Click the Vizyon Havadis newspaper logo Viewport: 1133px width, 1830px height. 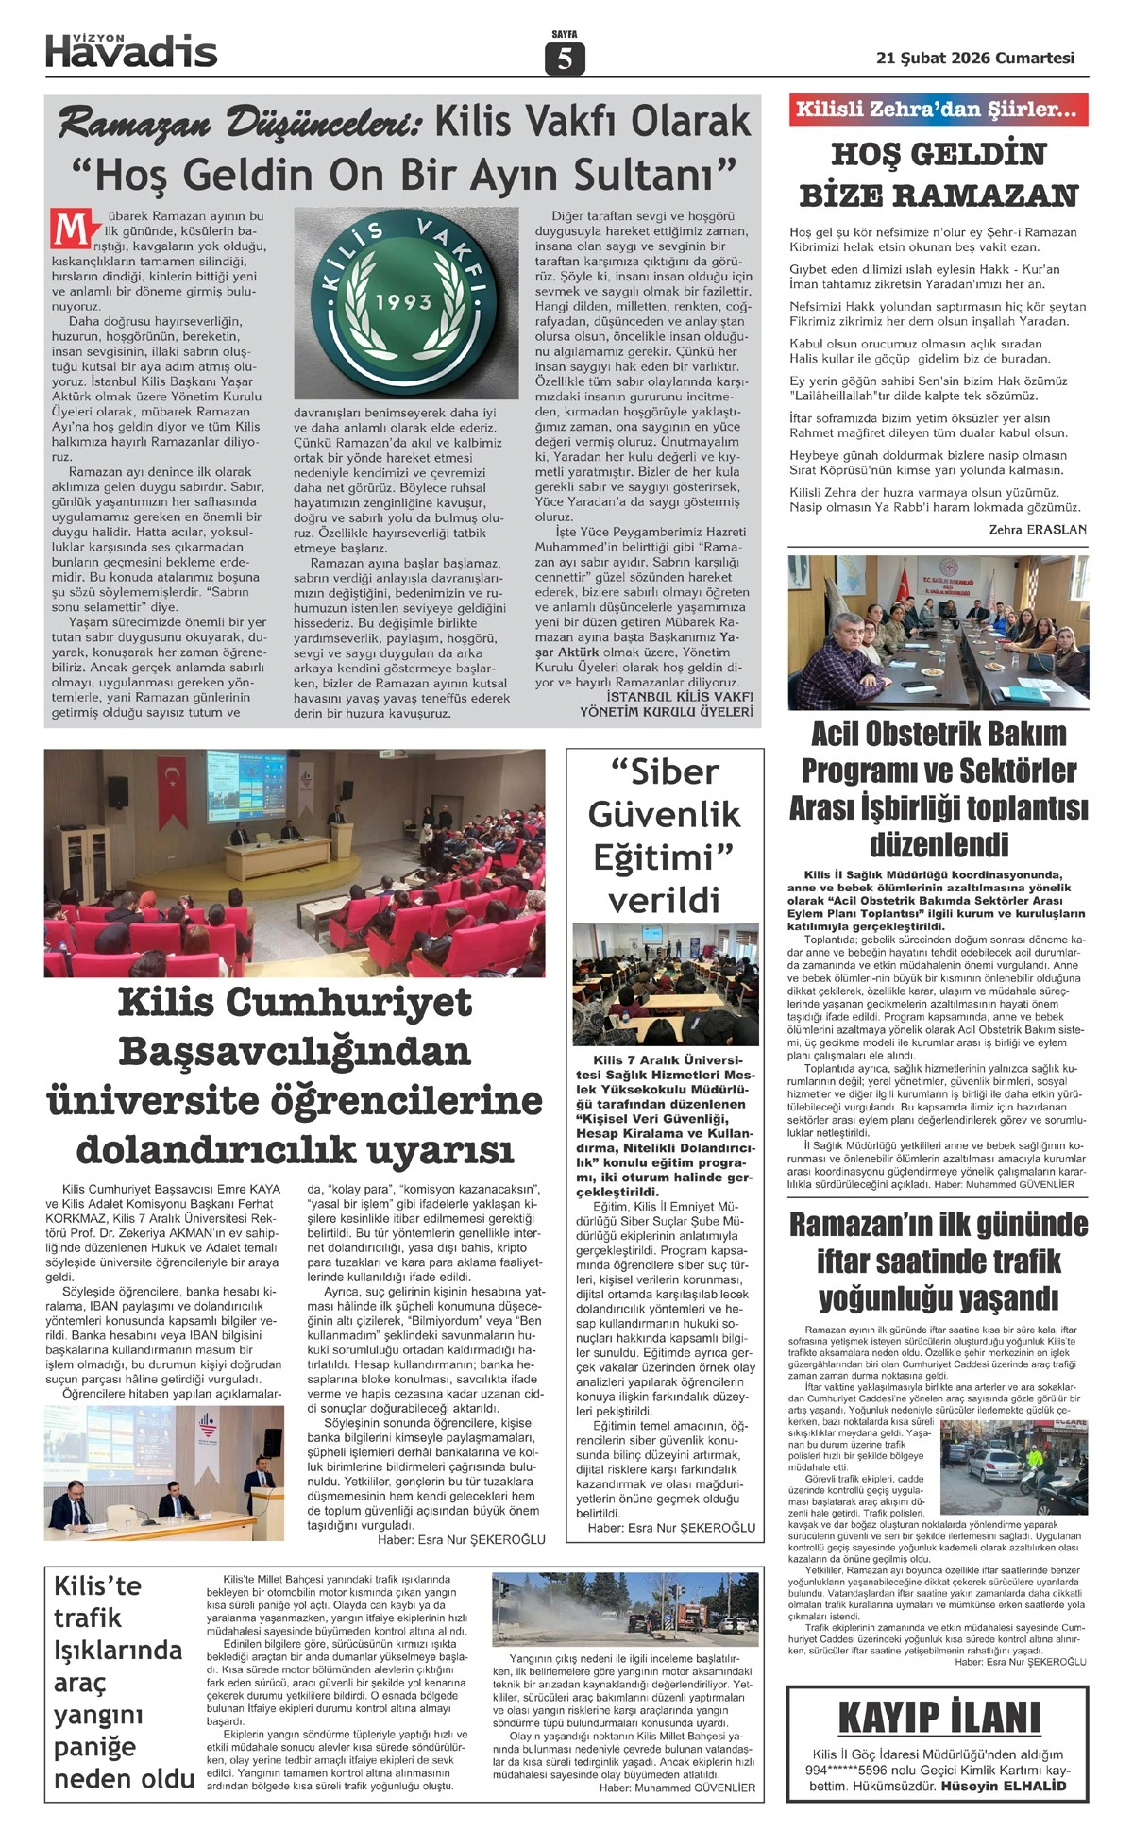tap(131, 51)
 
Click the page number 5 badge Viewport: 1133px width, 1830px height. tap(565, 59)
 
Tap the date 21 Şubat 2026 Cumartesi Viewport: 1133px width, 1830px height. tap(975, 58)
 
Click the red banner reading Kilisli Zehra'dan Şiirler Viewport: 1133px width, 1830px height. tap(938, 110)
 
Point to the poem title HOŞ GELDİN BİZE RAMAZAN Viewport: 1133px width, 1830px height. tap(938, 175)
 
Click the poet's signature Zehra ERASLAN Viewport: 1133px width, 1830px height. tap(1038, 530)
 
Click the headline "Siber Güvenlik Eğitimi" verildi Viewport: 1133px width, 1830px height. tap(665, 835)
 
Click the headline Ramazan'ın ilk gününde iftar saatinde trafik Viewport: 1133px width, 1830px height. tap(938, 1262)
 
